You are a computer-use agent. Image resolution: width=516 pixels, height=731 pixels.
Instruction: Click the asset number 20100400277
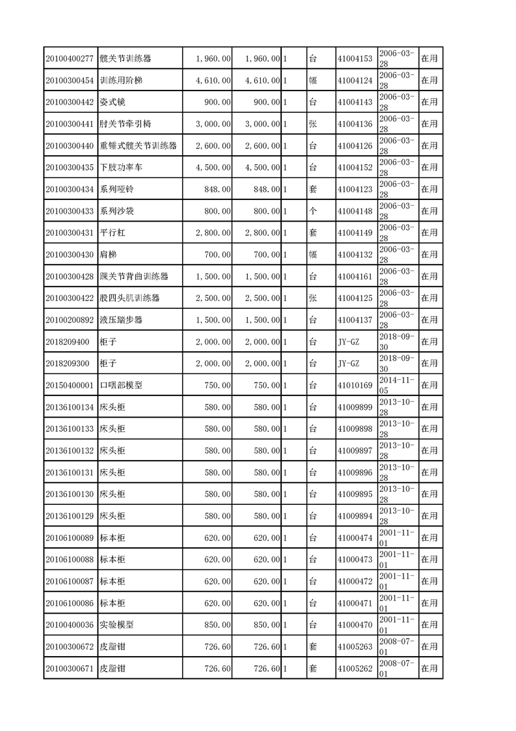click(x=70, y=59)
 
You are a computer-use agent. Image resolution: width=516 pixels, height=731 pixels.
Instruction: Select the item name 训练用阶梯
click(x=121, y=80)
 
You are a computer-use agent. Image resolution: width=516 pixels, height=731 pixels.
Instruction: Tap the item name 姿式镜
click(x=115, y=102)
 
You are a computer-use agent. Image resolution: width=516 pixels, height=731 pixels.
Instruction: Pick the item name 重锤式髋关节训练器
click(x=138, y=146)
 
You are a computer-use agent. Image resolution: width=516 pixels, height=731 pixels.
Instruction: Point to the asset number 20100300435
click(x=70, y=167)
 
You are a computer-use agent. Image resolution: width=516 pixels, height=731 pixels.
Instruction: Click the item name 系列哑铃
click(x=117, y=190)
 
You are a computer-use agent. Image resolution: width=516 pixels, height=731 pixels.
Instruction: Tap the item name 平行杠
click(x=112, y=233)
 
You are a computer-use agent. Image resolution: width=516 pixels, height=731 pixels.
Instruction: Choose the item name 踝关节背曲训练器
click(x=133, y=276)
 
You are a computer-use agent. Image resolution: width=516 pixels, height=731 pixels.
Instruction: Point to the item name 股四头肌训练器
click(x=129, y=298)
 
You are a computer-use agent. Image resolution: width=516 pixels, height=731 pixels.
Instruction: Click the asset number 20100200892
click(x=70, y=320)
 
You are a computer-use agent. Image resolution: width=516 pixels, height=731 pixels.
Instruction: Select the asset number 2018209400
click(x=67, y=341)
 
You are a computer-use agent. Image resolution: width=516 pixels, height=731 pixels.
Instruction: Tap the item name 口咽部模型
click(x=121, y=385)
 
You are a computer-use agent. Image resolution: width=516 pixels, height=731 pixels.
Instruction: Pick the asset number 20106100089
click(x=70, y=537)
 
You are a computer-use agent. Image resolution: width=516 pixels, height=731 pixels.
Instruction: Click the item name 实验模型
click(x=116, y=625)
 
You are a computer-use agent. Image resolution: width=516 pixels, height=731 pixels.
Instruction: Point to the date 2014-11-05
click(x=396, y=385)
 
